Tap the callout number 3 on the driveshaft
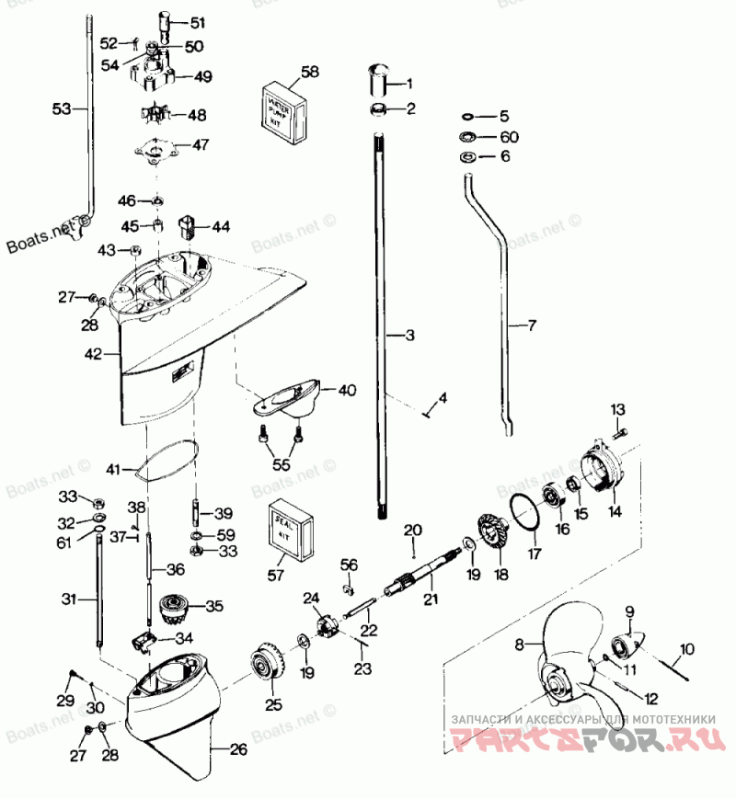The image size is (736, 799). [x=409, y=337]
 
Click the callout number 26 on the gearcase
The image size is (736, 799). [x=238, y=750]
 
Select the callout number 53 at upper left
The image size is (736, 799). [x=61, y=109]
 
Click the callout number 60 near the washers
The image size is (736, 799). [x=509, y=137]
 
